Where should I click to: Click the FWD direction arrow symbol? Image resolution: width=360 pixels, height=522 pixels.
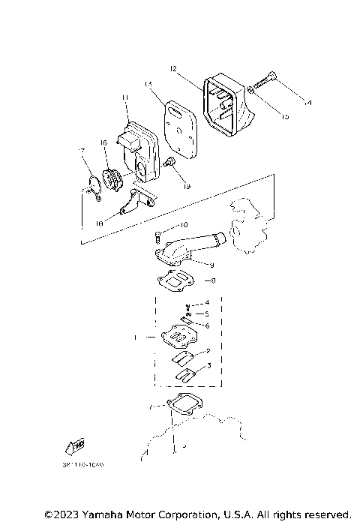pos(75,448)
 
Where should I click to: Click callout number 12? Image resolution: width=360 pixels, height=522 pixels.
pos(172,69)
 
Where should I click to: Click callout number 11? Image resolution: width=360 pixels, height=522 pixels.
pos(125,97)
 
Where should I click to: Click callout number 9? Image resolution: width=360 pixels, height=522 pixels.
pos(211,265)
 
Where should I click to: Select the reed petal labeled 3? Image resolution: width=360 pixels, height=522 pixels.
pos(184,370)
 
